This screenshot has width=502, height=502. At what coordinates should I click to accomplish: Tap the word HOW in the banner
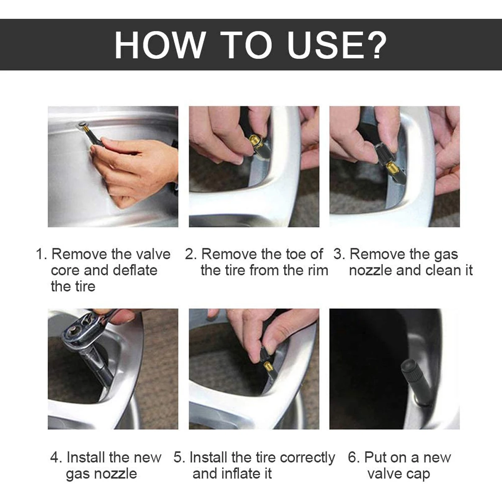point(159,45)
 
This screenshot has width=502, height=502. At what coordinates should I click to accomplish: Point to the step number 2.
point(191,254)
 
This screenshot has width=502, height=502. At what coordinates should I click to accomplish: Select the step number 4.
point(56,458)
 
